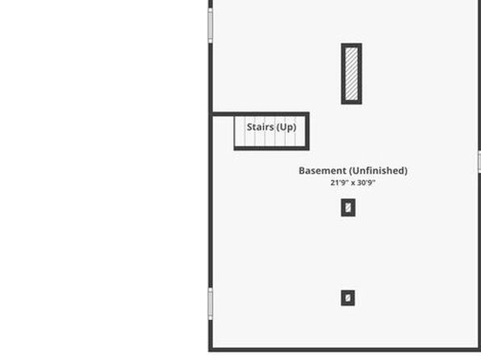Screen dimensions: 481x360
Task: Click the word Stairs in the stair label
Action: click(260, 127)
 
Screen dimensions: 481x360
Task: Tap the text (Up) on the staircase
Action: click(287, 127)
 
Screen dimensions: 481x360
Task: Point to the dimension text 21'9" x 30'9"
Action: click(353, 182)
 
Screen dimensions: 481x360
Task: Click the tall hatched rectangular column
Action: click(352, 73)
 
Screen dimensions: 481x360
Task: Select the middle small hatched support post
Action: click(348, 207)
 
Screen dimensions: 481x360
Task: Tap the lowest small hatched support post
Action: click(348, 298)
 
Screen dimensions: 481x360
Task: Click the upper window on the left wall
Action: click(211, 26)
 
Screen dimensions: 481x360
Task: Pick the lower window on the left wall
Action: click(211, 303)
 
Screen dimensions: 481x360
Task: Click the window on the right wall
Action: click(479, 161)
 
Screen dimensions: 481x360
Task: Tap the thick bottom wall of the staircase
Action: click(271, 149)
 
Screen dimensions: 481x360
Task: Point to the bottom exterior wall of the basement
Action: click(345, 350)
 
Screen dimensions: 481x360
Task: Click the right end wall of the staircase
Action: click(307, 132)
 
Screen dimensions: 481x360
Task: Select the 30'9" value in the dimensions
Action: click(366, 182)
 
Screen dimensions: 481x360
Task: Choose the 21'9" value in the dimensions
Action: click(339, 182)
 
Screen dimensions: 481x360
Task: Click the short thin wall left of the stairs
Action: click(224, 115)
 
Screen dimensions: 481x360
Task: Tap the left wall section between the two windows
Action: click(211, 165)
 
